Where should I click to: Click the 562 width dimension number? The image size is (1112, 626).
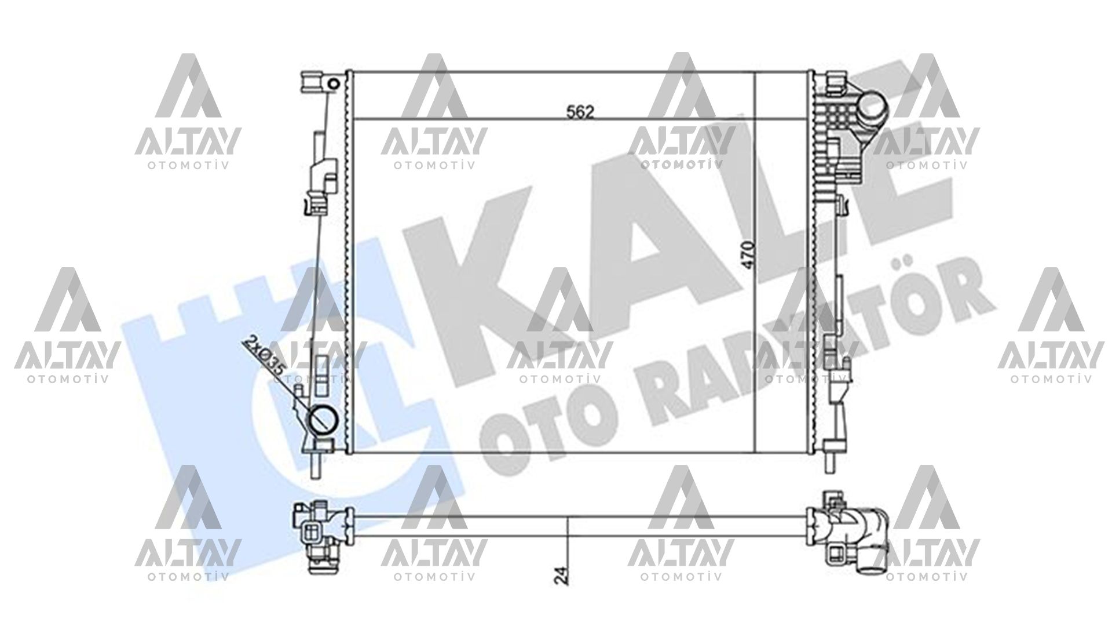[581, 112]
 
